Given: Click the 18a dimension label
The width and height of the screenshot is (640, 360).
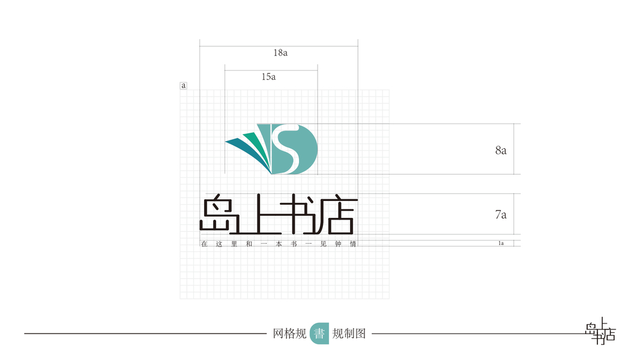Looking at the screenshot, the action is pyautogui.click(x=280, y=53).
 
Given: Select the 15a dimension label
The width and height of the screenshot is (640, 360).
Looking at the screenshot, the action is pyautogui.click(x=268, y=77).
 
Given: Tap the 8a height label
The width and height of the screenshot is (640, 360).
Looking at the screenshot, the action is pyautogui.click(x=501, y=151).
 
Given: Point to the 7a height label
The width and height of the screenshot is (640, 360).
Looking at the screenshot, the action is pyautogui.click(x=501, y=214).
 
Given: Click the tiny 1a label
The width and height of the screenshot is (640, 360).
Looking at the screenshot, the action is pyautogui.click(x=501, y=244).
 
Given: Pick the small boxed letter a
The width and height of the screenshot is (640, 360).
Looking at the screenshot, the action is pyautogui.click(x=184, y=86).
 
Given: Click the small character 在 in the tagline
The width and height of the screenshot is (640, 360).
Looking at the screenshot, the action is pyautogui.click(x=204, y=244).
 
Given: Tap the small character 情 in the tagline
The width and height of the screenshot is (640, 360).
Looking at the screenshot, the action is pyautogui.click(x=353, y=244).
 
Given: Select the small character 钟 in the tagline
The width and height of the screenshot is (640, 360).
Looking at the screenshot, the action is pyautogui.click(x=338, y=244).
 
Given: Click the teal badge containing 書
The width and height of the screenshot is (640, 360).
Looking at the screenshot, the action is pyautogui.click(x=319, y=334).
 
